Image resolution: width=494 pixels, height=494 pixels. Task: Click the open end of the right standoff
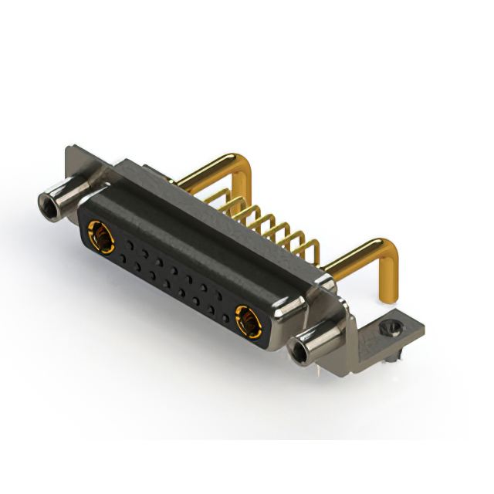coord(300,352)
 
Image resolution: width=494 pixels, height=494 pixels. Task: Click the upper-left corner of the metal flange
coord(71,151)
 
